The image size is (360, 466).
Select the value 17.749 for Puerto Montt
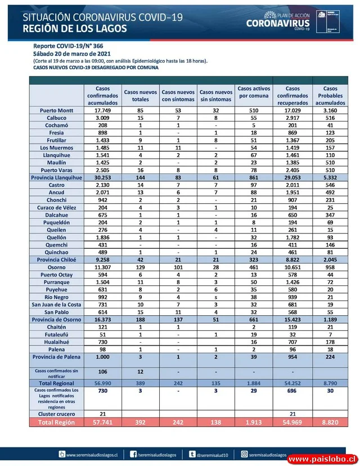click(x=102, y=111)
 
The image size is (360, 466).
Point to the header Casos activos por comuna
click(x=254, y=92)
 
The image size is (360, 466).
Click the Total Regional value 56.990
click(x=102, y=383)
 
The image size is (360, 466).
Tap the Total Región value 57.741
click(x=102, y=422)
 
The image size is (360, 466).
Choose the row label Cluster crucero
click(x=57, y=414)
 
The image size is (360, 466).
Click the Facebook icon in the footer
click(x=133, y=454)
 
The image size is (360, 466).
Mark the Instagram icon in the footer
click(x=244, y=454)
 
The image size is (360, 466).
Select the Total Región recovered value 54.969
click(x=292, y=422)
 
